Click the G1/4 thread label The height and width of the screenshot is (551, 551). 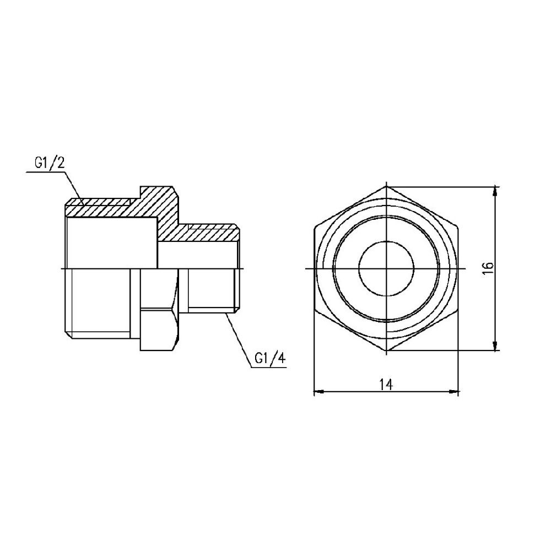point(270,359)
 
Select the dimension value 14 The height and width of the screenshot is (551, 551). point(386,385)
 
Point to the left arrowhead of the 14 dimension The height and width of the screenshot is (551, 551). point(317,392)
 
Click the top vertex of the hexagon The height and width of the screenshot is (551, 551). point(387,185)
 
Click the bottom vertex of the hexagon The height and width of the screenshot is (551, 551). point(387,351)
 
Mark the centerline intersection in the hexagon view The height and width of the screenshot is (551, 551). point(387,268)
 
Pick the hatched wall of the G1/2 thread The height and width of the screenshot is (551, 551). point(99,208)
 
